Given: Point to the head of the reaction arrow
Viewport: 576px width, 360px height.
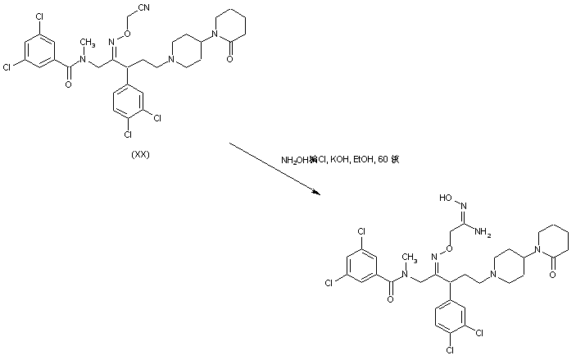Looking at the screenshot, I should pyautogui.click(x=318, y=193).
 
